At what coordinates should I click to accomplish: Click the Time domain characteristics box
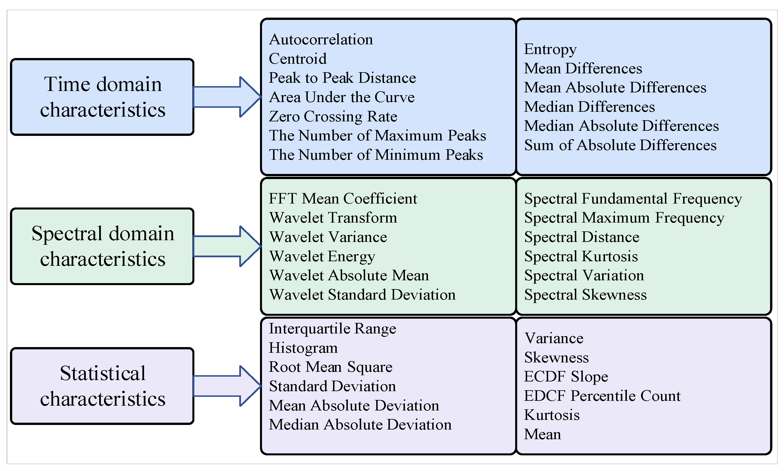102,97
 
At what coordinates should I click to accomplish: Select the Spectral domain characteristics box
102,246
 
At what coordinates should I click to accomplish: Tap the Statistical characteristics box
102,386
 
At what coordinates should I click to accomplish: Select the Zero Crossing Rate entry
333,117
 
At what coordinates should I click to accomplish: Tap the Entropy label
550,49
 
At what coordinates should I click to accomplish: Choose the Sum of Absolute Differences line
620,145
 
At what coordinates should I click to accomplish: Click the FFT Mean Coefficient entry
343,199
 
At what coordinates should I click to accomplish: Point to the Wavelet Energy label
322,256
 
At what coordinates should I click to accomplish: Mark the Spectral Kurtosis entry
581,256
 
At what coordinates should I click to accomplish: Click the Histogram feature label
303,348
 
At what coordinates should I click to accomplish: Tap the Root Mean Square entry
330,367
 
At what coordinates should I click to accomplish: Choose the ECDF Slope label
566,377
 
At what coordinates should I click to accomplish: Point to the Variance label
554,338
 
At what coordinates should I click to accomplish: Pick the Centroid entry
298,59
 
